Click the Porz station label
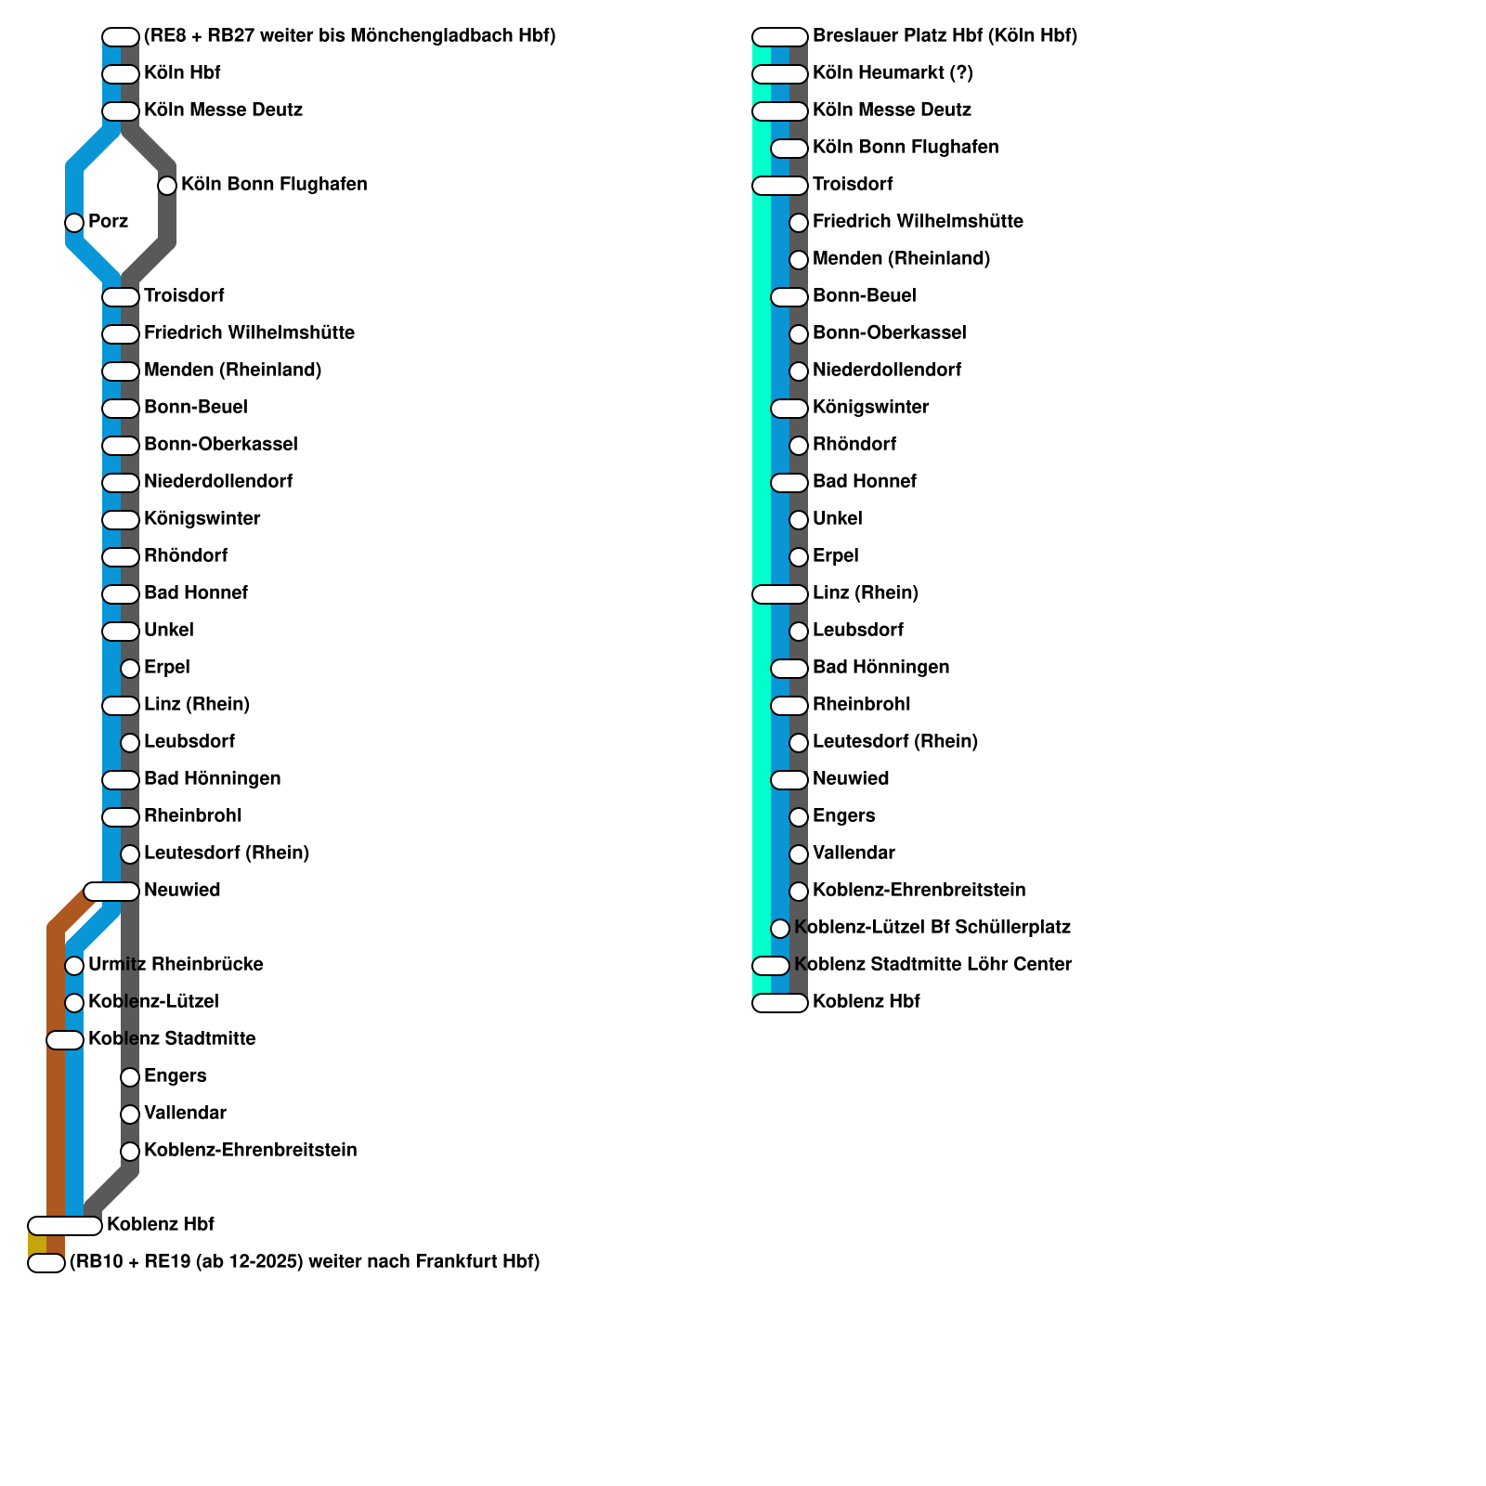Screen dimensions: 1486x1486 pyautogui.click(x=108, y=222)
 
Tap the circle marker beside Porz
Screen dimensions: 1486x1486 pyautogui.click(x=74, y=223)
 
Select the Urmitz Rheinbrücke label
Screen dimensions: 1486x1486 pyautogui.click(x=176, y=965)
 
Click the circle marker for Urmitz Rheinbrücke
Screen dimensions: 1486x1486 pyautogui.click(x=74, y=966)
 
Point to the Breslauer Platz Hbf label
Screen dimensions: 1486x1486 pyautogui.click(x=945, y=36)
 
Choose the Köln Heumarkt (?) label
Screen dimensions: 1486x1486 pyautogui.click(x=893, y=73)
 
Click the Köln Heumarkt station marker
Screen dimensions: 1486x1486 pyautogui.click(x=780, y=74)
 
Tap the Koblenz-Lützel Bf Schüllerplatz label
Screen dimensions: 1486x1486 pyautogui.click(x=932, y=928)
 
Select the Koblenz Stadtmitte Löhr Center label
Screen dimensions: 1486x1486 pyautogui.click(x=932, y=965)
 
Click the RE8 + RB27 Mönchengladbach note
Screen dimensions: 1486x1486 pyautogui.click(x=350, y=36)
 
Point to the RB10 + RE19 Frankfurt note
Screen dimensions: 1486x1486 pyautogui.click(x=305, y=1262)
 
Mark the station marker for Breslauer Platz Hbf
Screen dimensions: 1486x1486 pyautogui.click(x=780, y=37)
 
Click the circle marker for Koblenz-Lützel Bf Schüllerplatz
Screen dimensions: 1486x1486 pyautogui.click(x=780, y=929)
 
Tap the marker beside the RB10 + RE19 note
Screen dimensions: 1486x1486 pyautogui.click(x=46, y=1263)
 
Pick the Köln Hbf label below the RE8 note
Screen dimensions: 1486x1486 pyautogui.click(x=182, y=73)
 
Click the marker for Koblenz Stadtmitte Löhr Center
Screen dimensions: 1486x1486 pyautogui.click(x=771, y=966)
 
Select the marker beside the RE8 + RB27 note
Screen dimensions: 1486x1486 pyautogui.click(x=121, y=37)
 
